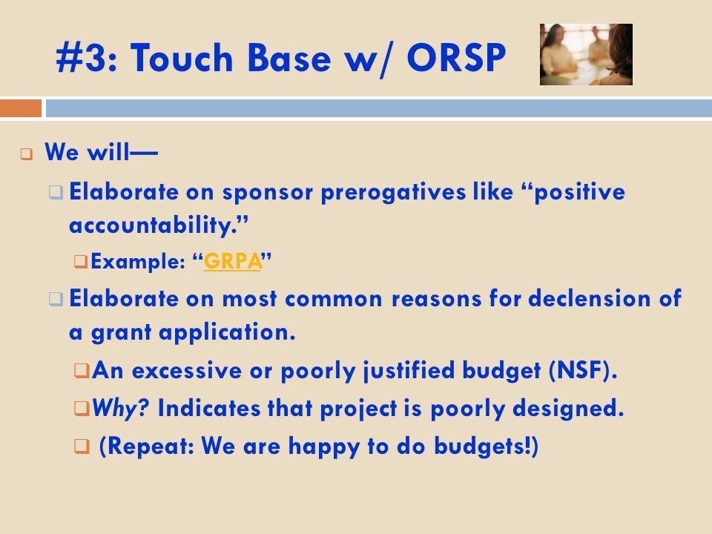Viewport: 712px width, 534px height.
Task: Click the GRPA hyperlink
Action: pos(232,261)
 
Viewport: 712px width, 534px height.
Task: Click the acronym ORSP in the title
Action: pos(456,58)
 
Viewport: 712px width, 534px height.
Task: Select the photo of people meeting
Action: pos(586,54)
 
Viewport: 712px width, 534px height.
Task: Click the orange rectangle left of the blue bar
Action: pos(21,109)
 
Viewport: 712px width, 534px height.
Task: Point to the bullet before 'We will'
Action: pos(27,154)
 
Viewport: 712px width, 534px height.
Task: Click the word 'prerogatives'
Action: pos(393,193)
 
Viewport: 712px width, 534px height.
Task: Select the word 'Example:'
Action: pos(138,262)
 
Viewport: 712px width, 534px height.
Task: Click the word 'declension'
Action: pos(590,298)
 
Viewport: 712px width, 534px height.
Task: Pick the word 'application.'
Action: pos(227,333)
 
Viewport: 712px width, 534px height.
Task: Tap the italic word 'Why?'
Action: pos(121,408)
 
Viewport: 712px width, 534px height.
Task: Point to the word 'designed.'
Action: pos(568,409)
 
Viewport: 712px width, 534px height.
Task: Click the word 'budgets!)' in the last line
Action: pos(487,446)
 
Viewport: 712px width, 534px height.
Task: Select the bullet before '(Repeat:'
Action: pos(82,446)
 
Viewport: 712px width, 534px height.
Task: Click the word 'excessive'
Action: pos(187,371)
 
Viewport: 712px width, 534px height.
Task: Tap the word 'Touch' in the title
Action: pos(182,58)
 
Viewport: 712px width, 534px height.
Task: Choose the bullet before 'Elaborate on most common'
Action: pos(56,299)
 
